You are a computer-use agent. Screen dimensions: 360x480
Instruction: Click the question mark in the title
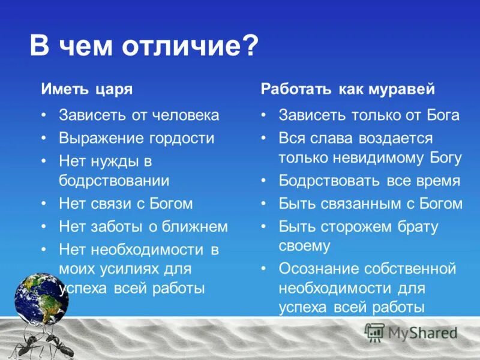250,47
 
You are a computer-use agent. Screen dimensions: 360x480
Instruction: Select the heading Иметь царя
86,89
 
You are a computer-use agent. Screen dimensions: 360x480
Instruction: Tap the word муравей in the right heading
407,89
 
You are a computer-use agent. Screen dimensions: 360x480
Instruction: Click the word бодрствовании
114,181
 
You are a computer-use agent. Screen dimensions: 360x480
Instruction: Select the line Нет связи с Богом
125,203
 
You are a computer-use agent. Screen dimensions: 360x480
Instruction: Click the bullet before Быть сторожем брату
264,227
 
